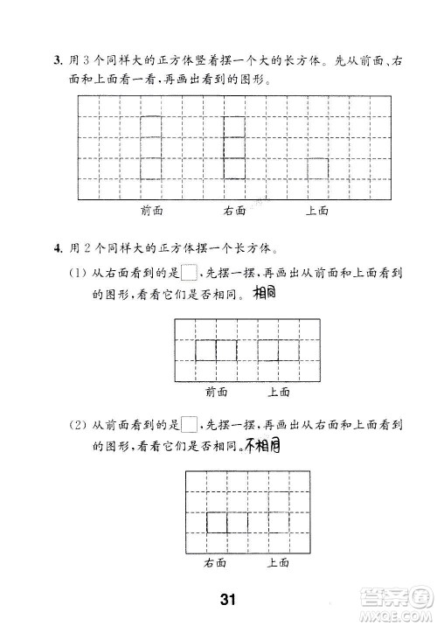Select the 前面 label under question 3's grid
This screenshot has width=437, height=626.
click(x=152, y=211)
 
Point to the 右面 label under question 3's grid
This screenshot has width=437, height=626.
click(x=234, y=211)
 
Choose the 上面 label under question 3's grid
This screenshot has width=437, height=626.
click(x=316, y=211)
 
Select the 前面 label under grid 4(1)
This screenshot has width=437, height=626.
click(x=217, y=392)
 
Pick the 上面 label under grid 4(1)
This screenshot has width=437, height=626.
click(x=279, y=392)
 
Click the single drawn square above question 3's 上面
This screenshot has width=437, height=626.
click(x=316, y=168)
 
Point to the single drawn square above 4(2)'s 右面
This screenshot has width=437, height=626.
click(x=216, y=523)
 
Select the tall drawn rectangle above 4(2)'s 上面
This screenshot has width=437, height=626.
click(x=279, y=512)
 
